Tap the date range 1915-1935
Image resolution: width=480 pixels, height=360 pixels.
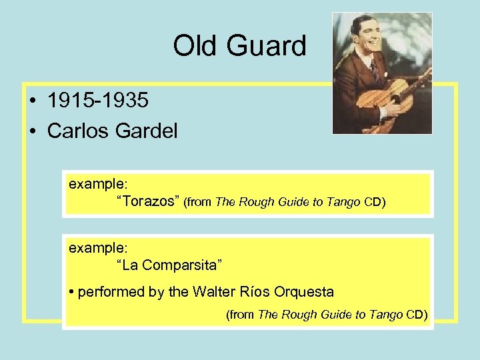coord(98,101)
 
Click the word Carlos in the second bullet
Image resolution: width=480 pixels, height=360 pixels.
coord(76,131)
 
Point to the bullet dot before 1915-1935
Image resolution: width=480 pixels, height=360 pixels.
coord(33,101)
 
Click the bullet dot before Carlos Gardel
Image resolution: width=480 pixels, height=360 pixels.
coord(33,131)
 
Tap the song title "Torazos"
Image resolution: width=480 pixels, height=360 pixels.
coord(147,202)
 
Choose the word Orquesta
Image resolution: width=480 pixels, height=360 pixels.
coord(304,291)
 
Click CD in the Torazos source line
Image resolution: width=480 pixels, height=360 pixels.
coord(374,203)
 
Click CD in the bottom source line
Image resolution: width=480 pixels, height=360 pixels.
coord(416,314)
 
